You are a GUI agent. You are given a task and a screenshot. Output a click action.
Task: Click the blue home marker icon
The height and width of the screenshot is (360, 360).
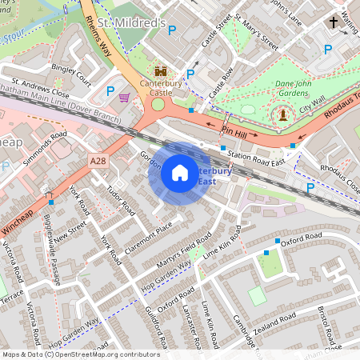point(180,173)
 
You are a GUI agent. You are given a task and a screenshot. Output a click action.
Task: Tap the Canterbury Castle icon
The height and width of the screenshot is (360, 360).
point(158,71)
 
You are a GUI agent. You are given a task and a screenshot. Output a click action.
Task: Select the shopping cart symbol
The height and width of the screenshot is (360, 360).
point(124,98)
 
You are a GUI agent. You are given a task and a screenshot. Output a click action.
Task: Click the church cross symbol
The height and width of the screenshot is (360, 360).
point(333,24)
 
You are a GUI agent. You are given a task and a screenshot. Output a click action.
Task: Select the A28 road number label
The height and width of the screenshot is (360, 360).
point(98,162)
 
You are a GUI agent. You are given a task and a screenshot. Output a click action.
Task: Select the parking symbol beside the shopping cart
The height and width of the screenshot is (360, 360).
point(110,90)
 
